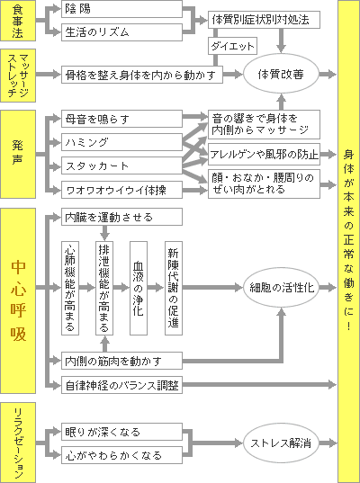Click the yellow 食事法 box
pyautogui.click(x=18, y=21)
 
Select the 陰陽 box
pyautogui.click(x=121, y=9)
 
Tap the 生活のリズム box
pyautogui.click(x=121, y=32)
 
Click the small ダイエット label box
pyautogui.click(x=232, y=46)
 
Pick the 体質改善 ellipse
pyautogui.click(x=281, y=74)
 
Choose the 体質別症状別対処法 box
pyautogui.click(x=264, y=20)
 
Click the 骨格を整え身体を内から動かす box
pyautogui.click(x=142, y=75)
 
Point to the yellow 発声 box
pyautogui.click(x=18, y=154)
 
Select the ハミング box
pyautogui.click(x=121, y=142)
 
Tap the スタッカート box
pyautogui.click(x=121, y=165)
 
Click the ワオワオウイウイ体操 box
pyautogui.click(x=121, y=190)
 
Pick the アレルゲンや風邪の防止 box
pyautogui.click(x=264, y=154)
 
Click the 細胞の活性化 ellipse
pyautogui.click(x=281, y=288)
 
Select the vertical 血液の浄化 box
pyautogui.click(x=139, y=288)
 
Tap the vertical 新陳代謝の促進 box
pyautogui.click(x=174, y=288)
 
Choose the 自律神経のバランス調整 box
pyautogui.click(x=121, y=385)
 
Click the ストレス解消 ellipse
pyautogui.click(x=281, y=443)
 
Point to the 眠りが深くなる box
pyautogui.click(x=121, y=432)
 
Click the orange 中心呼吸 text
pyautogui.click(x=18, y=301)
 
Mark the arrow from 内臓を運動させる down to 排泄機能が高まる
pyautogui.click(x=104, y=233)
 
